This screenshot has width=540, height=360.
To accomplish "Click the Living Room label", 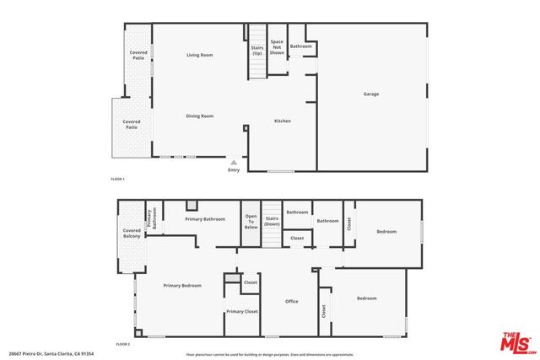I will [x=199, y=55].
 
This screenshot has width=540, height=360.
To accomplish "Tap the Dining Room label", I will [x=199, y=116].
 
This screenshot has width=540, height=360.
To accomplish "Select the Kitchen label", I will [x=283, y=121].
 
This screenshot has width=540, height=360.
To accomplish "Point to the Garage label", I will [x=370, y=94].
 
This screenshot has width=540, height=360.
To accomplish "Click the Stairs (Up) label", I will [x=256, y=50].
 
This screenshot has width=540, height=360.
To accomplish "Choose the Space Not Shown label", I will [x=277, y=46].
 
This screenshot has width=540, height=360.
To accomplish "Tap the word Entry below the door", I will [x=234, y=170].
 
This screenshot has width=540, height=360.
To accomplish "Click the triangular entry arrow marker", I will [x=234, y=162].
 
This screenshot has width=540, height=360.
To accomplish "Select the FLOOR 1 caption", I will [x=117, y=180].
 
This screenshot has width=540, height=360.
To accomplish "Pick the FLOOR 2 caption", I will [x=123, y=344].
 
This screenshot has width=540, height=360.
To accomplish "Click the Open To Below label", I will [x=251, y=223].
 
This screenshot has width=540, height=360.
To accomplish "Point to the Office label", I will [x=291, y=301].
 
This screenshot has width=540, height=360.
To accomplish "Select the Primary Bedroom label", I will [x=182, y=286].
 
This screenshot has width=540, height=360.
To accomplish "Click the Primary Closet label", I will [x=241, y=311].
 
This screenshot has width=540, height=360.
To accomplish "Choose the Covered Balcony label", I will [x=132, y=233].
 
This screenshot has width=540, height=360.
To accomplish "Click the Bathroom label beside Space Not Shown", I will [x=301, y=46].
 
